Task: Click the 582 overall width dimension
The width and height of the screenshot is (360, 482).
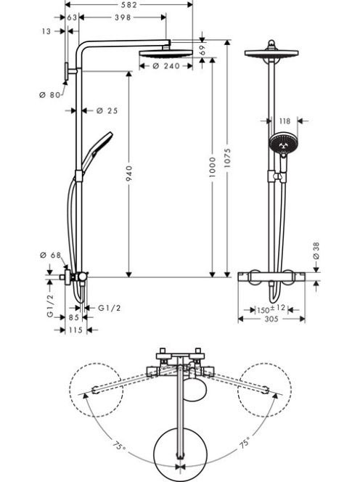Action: tap(129, 5)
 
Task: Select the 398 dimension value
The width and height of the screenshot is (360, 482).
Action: tap(123, 17)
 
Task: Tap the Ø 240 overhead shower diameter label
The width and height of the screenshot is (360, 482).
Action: tap(166, 66)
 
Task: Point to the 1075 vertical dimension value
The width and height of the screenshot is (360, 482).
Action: tap(227, 158)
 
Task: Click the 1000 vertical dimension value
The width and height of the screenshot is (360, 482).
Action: tap(213, 167)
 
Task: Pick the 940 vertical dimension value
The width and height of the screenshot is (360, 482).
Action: tap(129, 173)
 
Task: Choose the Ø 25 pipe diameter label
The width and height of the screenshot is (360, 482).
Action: tap(107, 110)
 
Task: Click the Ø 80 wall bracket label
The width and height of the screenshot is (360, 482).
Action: tap(50, 95)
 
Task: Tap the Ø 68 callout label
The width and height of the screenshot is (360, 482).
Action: tap(51, 255)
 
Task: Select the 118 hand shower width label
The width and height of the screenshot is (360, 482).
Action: tap(285, 121)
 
